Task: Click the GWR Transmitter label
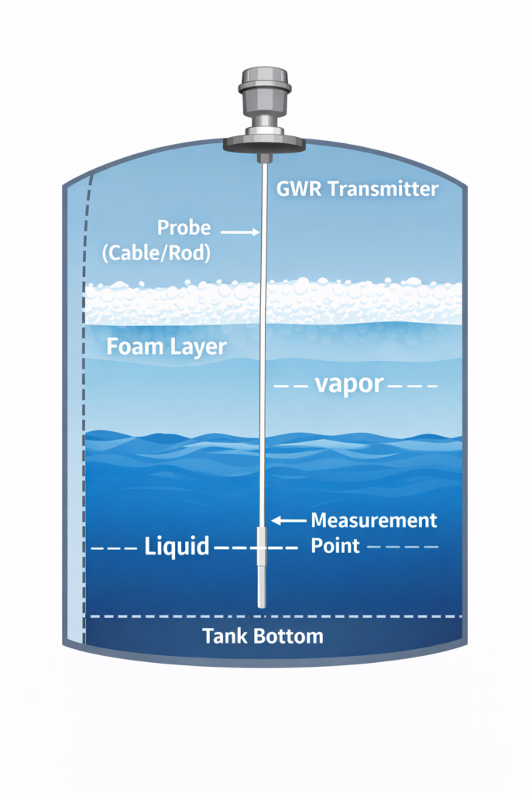point(357,189)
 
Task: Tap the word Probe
point(184,228)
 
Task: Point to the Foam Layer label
point(166,345)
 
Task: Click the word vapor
point(349,385)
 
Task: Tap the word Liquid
point(177,546)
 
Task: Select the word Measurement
point(373,520)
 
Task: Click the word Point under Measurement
point(335,545)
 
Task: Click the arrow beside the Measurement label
point(287,521)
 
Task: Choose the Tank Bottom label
point(263,637)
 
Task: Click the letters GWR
point(295,189)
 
